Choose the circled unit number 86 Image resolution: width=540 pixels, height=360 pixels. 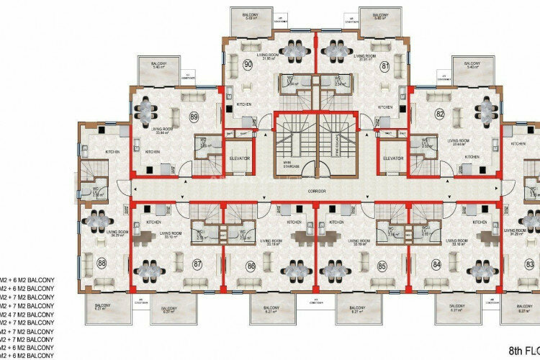pos(251,264)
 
